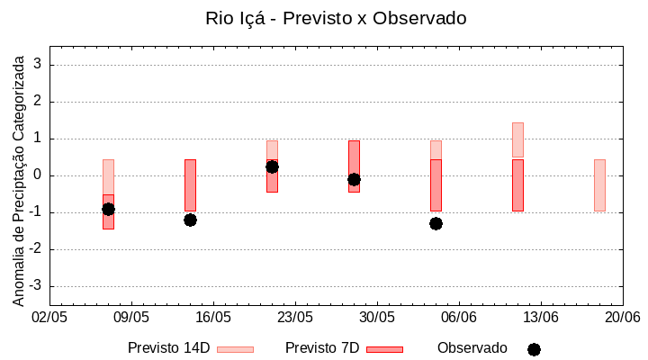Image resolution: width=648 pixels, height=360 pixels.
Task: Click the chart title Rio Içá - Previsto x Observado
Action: pyautogui.click(x=336, y=18)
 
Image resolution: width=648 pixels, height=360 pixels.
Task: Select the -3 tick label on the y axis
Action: pyautogui.click(x=37, y=286)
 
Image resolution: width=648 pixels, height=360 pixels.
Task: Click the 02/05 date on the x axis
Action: pyautogui.click(x=49, y=318)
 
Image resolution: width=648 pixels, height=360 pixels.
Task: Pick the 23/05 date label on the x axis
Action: pyautogui.click(x=295, y=318)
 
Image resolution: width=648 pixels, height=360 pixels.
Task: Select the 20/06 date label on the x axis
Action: pyautogui.click(x=622, y=318)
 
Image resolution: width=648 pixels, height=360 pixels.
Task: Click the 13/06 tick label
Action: pyautogui.click(x=541, y=318)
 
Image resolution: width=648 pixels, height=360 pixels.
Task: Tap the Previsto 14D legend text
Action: pyautogui.click(x=168, y=348)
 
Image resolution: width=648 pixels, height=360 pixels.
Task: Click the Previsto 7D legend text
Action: pyautogui.click(x=322, y=348)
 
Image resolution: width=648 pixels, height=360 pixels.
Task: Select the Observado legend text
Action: pyautogui.click(x=472, y=348)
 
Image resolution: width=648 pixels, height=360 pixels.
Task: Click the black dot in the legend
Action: pyautogui.click(x=534, y=349)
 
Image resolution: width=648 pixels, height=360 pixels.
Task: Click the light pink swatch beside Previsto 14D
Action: pyautogui.click(x=235, y=349)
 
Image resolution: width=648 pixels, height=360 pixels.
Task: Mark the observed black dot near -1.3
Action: pyautogui.click(x=436, y=223)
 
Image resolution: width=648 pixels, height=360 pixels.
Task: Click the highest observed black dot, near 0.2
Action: pyautogui.click(x=272, y=166)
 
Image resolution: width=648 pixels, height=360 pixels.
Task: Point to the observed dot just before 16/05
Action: pyautogui.click(x=190, y=220)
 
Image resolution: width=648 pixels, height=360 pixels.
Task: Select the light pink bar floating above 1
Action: pyautogui.click(x=517, y=139)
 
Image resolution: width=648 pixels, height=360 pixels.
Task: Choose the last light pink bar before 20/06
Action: pyautogui.click(x=599, y=185)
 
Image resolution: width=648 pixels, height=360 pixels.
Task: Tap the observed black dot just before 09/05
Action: pyautogui.click(x=108, y=209)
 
